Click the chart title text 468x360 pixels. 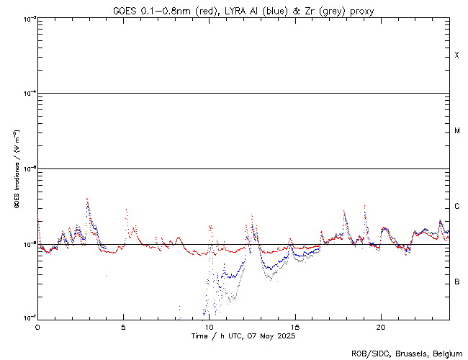pos(243,10)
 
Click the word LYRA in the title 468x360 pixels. pos(236,10)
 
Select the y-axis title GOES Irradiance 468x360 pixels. pos(16,170)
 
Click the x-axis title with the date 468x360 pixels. pos(243,336)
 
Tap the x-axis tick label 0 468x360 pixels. pos(37,326)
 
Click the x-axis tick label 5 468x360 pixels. pos(123,326)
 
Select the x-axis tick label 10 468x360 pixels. pos(209,326)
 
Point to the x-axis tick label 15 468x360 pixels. pos(294,326)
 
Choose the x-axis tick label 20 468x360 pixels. pos(380,326)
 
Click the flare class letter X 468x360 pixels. pos(457,55)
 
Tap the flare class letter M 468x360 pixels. pos(457,131)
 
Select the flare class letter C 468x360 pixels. pos(457,207)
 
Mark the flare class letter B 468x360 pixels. pos(457,282)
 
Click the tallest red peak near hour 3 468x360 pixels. pos(87,198)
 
